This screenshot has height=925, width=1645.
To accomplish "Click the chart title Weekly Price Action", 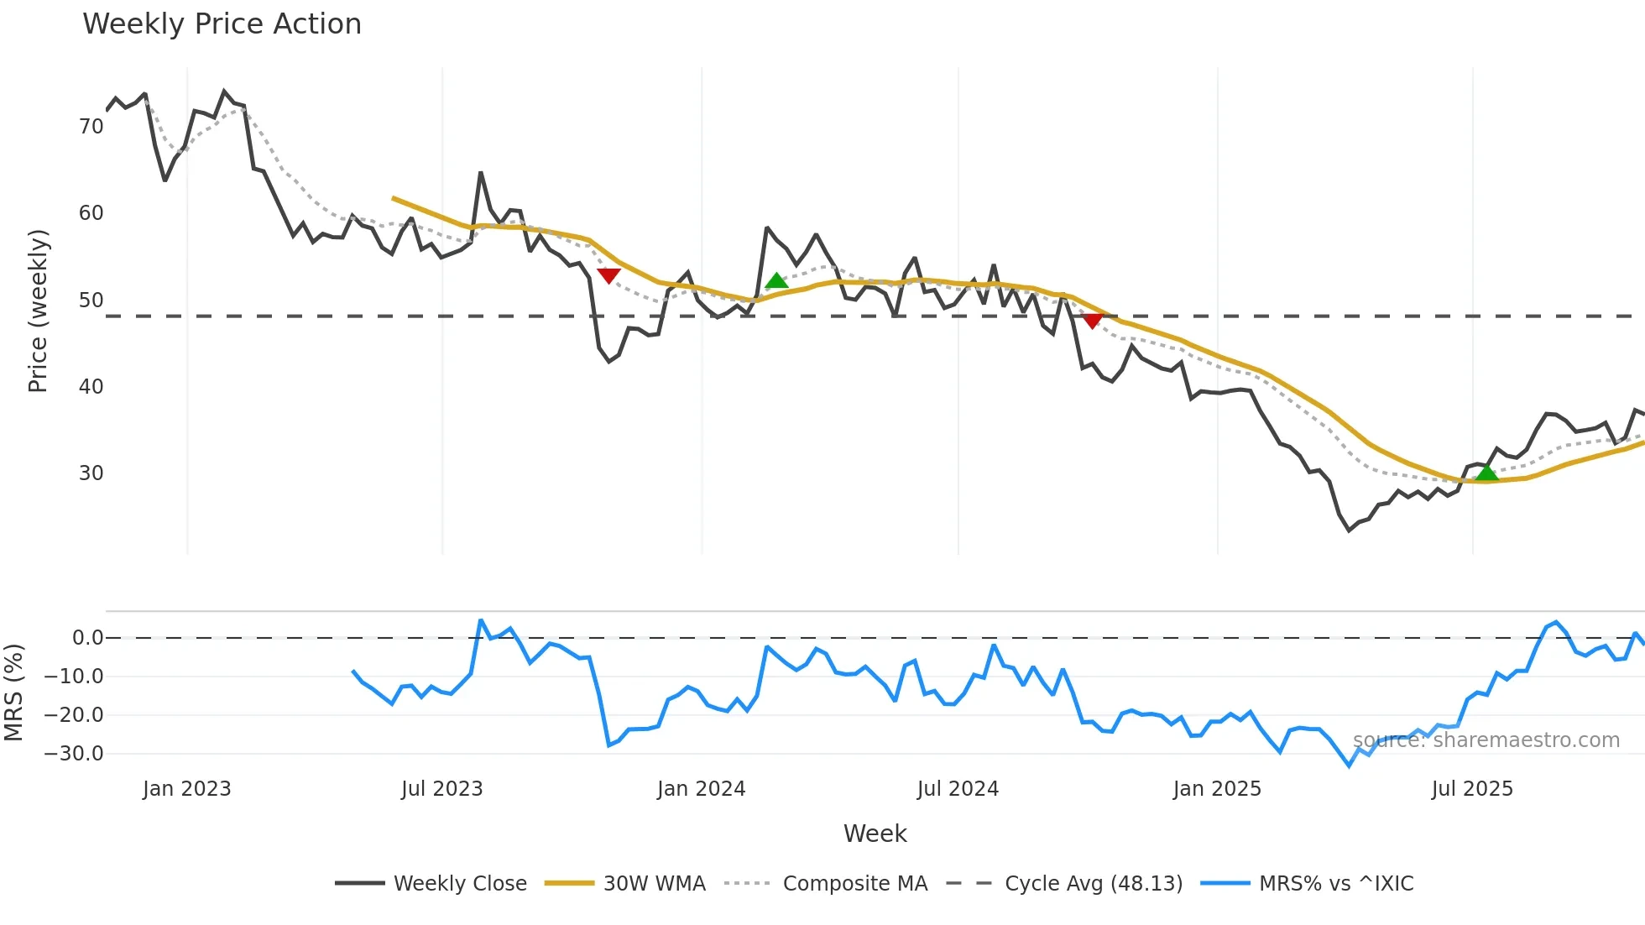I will click(x=222, y=24).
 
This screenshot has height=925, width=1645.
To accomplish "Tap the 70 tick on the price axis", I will click(x=91, y=127).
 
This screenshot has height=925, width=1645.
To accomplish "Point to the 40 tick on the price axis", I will click(x=91, y=387).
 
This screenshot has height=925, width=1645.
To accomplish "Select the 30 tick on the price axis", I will click(x=91, y=473).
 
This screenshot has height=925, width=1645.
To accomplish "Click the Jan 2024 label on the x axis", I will click(x=701, y=789).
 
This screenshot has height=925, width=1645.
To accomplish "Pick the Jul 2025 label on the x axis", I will click(x=1472, y=789).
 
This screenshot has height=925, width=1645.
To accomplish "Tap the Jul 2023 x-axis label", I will click(x=441, y=789).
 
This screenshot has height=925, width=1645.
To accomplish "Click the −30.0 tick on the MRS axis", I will click(x=74, y=754).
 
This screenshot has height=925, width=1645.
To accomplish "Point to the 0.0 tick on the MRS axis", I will click(x=87, y=638).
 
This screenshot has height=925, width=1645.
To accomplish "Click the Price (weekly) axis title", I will click(x=39, y=311).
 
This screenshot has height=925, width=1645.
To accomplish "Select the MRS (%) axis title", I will click(x=13, y=692).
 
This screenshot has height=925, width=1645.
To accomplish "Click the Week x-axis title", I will click(x=875, y=834).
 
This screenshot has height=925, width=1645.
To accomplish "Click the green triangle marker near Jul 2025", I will click(x=1486, y=473).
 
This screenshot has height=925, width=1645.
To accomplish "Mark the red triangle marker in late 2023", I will click(x=608, y=275).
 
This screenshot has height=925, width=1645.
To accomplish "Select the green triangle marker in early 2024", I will click(x=776, y=281).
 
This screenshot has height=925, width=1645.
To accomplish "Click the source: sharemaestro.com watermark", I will click(x=1486, y=740).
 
